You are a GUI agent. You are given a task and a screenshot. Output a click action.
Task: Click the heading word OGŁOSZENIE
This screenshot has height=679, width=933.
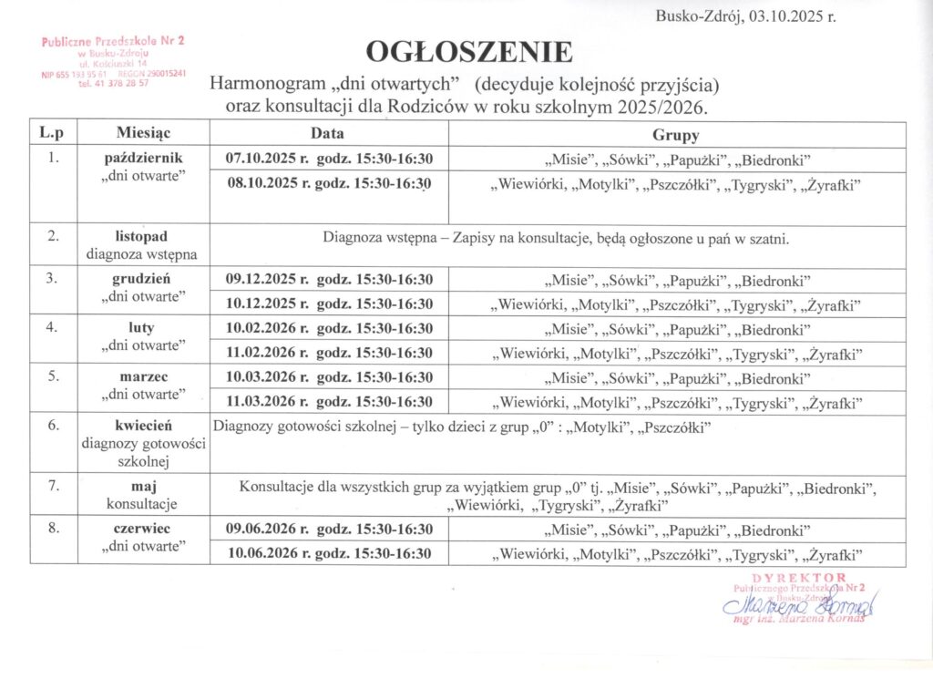469,51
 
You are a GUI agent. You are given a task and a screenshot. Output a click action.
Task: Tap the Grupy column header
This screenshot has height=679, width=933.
675,135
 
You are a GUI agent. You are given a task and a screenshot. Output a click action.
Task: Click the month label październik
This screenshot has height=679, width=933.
144,158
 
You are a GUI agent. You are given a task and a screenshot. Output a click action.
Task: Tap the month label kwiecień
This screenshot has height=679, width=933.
144,426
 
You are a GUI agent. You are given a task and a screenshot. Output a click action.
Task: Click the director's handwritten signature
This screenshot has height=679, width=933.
794,604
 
